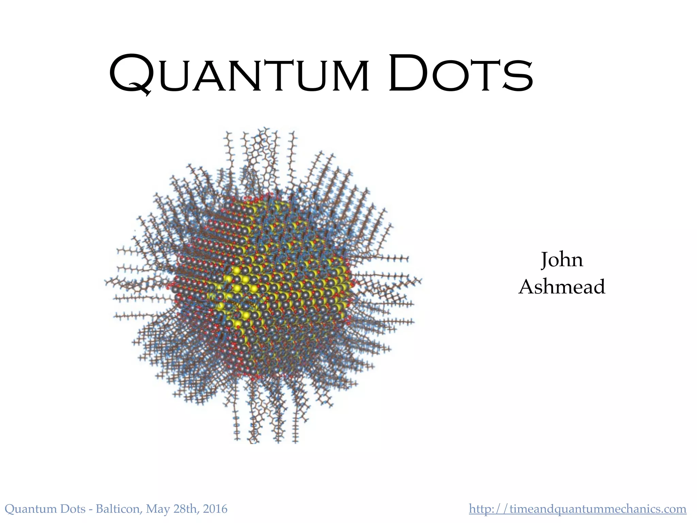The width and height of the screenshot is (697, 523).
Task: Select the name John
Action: point(562,260)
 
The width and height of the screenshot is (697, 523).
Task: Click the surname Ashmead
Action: point(562,287)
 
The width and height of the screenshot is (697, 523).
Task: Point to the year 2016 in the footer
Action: point(215,509)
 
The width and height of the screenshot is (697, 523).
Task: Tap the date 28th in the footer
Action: point(186,509)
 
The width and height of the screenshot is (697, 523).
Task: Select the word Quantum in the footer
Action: point(31,509)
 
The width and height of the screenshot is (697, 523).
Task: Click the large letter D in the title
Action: point(409,73)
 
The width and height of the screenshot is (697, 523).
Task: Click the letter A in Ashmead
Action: point(527,287)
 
